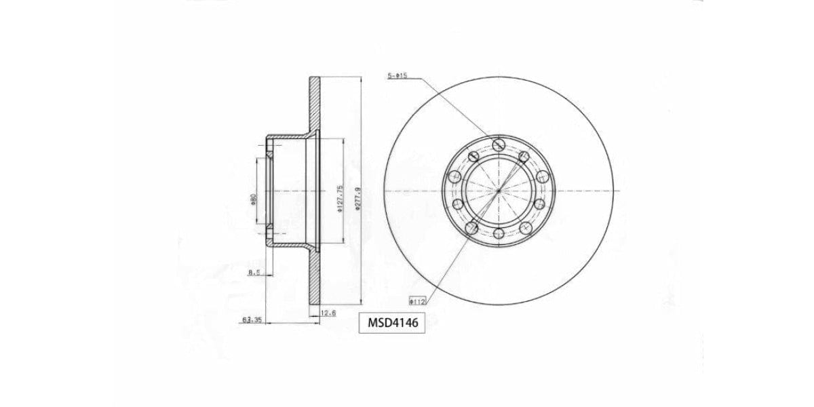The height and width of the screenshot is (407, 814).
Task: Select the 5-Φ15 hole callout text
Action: [x=397, y=76]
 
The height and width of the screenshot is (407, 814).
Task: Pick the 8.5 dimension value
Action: [x=254, y=273]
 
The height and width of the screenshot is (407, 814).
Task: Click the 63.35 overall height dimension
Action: [x=252, y=319]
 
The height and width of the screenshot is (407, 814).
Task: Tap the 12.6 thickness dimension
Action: [x=328, y=313]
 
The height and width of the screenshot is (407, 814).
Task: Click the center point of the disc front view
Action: [x=499, y=191]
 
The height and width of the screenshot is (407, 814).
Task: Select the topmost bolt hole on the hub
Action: [x=499, y=144]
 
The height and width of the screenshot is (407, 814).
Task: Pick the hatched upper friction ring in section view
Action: [x=314, y=102]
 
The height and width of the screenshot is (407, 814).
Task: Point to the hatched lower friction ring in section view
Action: [x=314, y=278]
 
